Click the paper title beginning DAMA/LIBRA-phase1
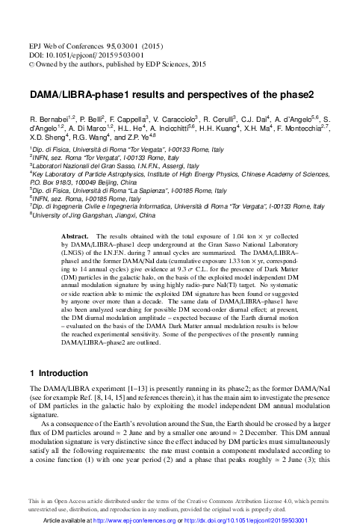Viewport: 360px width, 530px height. tap(171, 96)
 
